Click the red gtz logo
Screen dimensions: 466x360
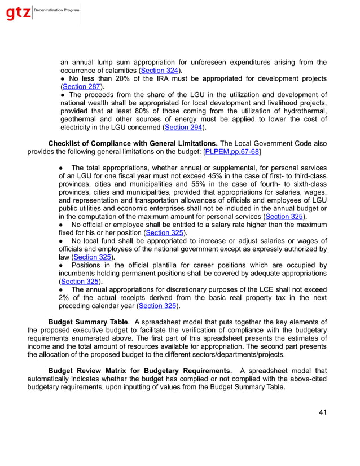pos(18,13)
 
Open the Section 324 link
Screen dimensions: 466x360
pos(160,71)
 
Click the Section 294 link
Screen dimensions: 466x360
pos(182,127)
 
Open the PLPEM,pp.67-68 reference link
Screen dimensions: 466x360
pos(232,152)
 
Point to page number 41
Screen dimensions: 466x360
pos(322,412)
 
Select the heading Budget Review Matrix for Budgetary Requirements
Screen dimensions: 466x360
pos(140,371)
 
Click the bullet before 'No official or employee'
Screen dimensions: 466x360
pos(62,225)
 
